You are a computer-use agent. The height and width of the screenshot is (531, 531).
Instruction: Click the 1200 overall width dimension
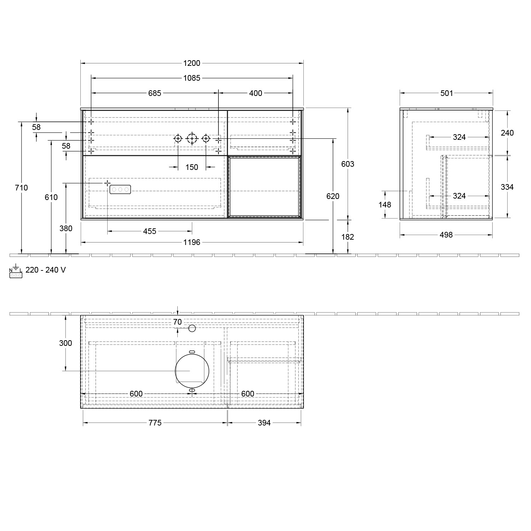pyautogui.click(x=192, y=63)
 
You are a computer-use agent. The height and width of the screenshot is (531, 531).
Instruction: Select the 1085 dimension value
pyautogui.click(x=192, y=78)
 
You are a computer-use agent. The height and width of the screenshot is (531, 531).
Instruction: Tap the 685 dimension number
pyautogui.click(x=154, y=93)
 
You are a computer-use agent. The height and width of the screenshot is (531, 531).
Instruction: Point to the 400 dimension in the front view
pyautogui.click(x=255, y=93)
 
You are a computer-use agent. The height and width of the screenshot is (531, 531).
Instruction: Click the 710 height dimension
pyautogui.click(x=22, y=188)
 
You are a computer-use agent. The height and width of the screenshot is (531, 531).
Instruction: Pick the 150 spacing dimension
pyautogui.click(x=192, y=167)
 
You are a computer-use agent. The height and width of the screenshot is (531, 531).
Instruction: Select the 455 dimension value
pyautogui.click(x=149, y=232)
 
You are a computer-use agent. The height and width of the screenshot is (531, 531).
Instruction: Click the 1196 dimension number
pyautogui.click(x=192, y=242)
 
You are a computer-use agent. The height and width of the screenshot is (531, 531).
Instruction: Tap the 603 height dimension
pyautogui.click(x=347, y=164)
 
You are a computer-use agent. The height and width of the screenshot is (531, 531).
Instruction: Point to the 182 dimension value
pyautogui.click(x=347, y=237)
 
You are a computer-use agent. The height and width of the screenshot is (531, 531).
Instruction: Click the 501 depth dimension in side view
pyautogui.click(x=446, y=93)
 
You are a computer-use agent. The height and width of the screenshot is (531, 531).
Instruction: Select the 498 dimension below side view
pyautogui.click(x=446, y=235)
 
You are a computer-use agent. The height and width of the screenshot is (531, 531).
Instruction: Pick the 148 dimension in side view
pyautogui.click(x=384, y=205)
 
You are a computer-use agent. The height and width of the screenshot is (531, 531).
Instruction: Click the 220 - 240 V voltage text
pyautogui.click(x=45, y=270)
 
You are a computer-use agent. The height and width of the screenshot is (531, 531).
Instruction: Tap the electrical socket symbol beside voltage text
pyautogui.click(x=16, y=272)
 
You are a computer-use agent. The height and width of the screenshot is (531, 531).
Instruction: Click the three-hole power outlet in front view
pyautogui.click(x=120, y=190)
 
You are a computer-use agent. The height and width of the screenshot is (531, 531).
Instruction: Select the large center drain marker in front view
pyautogui.click(x=192, y=138)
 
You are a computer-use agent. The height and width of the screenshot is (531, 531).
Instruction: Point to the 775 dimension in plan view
pyautogui.click(x=155, y=423)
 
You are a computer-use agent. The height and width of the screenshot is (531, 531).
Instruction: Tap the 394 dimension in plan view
pyautogui.click(x=264, y=423)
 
